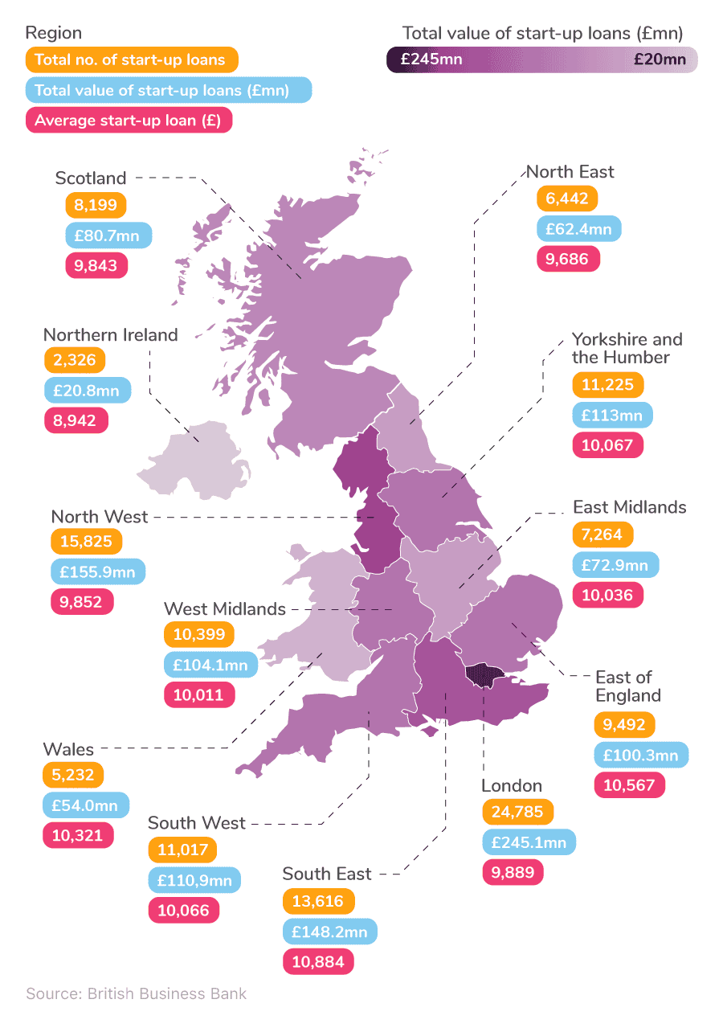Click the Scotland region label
pyautogui.click(x=91, y=178)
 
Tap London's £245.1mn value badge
pyautogui.click(x=529, y=842)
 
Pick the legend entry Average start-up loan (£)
pyautogui.click(x=129, y=121)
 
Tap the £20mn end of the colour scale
pyautogui.click(x=658, y=59)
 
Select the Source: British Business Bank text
pyautogui.click(x=136, y=993)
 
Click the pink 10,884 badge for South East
pyautogui.click(x=318, y=961)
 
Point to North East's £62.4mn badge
pyautogui.click(x=578, y=229)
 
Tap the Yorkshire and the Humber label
pyautogui.click(x=627, y=348)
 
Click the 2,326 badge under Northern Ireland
pyautogui.click(x=75, y=360)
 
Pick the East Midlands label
pyautogui.click(x=629, y=507)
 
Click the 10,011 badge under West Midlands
pyautogui.click(x=199, y=694)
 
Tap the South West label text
pyautogui.click(x=197, y=823)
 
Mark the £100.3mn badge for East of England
pyautogui.click(x=641, y=756)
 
